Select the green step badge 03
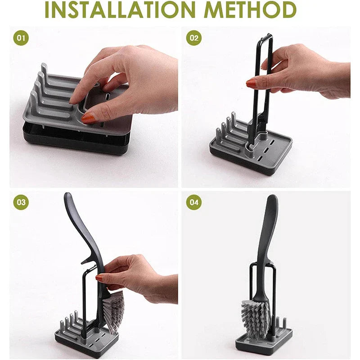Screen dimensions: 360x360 click(x=21, y=202)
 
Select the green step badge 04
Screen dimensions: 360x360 click(x=193, y=202)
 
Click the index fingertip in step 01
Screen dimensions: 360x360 click(x=74, y=100)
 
